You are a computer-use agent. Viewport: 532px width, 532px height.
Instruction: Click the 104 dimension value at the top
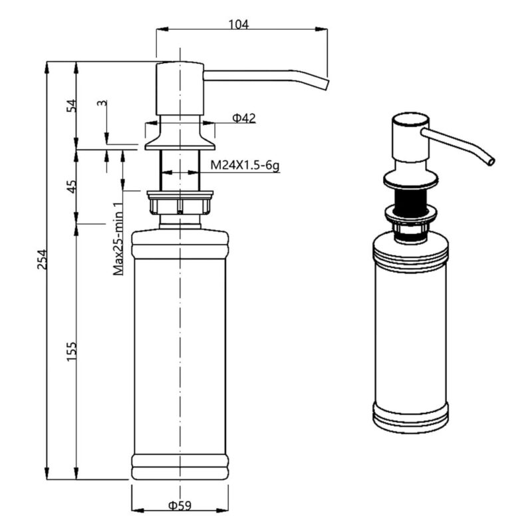tap(238, 25)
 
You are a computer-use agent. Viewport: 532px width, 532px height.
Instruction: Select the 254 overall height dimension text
tap(42, 259)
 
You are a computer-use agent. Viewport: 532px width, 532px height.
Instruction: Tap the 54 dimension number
tap(72, 106)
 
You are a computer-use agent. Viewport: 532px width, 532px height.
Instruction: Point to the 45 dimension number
tap(72, 187)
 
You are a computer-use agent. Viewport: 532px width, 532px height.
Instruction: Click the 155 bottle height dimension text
tap(72, 352)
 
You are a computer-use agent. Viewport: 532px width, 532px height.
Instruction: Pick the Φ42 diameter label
tap(243, 118)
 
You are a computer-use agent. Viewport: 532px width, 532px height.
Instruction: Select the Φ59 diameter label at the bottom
tap(180, 505)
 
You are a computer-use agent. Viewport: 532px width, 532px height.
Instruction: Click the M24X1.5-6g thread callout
tap(245, 166)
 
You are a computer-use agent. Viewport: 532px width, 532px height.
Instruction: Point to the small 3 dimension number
tap(102, 103)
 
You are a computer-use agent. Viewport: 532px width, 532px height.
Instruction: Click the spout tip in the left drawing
tap(326, 85)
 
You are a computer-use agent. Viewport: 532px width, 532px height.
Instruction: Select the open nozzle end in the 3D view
tap(491, 162)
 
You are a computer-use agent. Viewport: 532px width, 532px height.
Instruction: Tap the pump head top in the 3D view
tap(410, 120)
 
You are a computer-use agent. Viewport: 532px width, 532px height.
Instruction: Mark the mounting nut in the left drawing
tap(180, 203)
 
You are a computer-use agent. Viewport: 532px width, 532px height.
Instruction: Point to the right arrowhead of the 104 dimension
tap(321, 29)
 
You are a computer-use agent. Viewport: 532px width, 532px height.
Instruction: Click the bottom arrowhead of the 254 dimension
tap(47, 473)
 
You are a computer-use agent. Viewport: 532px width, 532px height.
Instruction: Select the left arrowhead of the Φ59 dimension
tap(138, 510)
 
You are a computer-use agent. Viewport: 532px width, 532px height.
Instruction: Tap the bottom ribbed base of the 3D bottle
tap(410, 418)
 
